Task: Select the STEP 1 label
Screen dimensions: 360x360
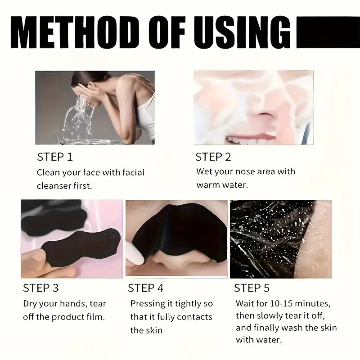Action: click(x=54, y=157)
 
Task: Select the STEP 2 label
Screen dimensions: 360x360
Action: click(x=213, y=157)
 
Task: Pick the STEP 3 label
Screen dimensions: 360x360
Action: click(x=40, y=288)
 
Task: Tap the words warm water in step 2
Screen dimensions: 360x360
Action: click(x=222, y=185)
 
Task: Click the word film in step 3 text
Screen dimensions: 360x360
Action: click(x=95, y=317)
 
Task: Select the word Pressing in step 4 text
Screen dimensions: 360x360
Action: click(x=147, y=304)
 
